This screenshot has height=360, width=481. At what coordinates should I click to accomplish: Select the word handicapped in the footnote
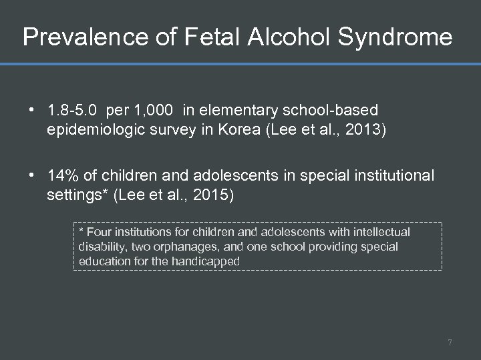pyautogui.click(x=204, y=261)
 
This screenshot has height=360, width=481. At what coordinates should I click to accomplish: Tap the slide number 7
pyautogui.click(x=450, y=343)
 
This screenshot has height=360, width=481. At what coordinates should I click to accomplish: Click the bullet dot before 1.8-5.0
pyautogui.click(x=32, y=109)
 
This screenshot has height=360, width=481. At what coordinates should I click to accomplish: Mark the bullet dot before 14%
pyautogui.click(x=32, y=176)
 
